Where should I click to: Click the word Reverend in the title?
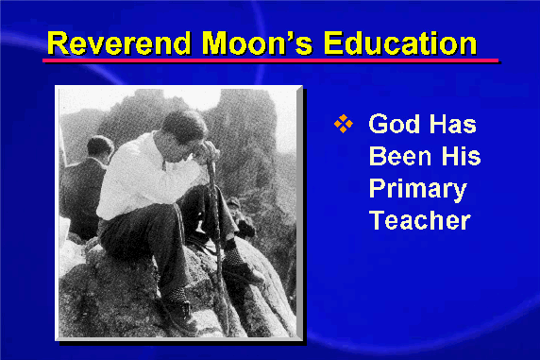(x=119, y=43)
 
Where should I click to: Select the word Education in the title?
(x=400, y=43)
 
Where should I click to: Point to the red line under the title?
(x=271, y=60)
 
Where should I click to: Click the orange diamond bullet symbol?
(x=344, y=124)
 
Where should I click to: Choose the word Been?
(x=400, y=156)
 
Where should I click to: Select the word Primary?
(x=417, y=190)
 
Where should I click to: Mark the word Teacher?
(x=420, y=220)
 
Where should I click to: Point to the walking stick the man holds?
(x=217, y=241)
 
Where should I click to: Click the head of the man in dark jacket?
(x=99, y=147)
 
